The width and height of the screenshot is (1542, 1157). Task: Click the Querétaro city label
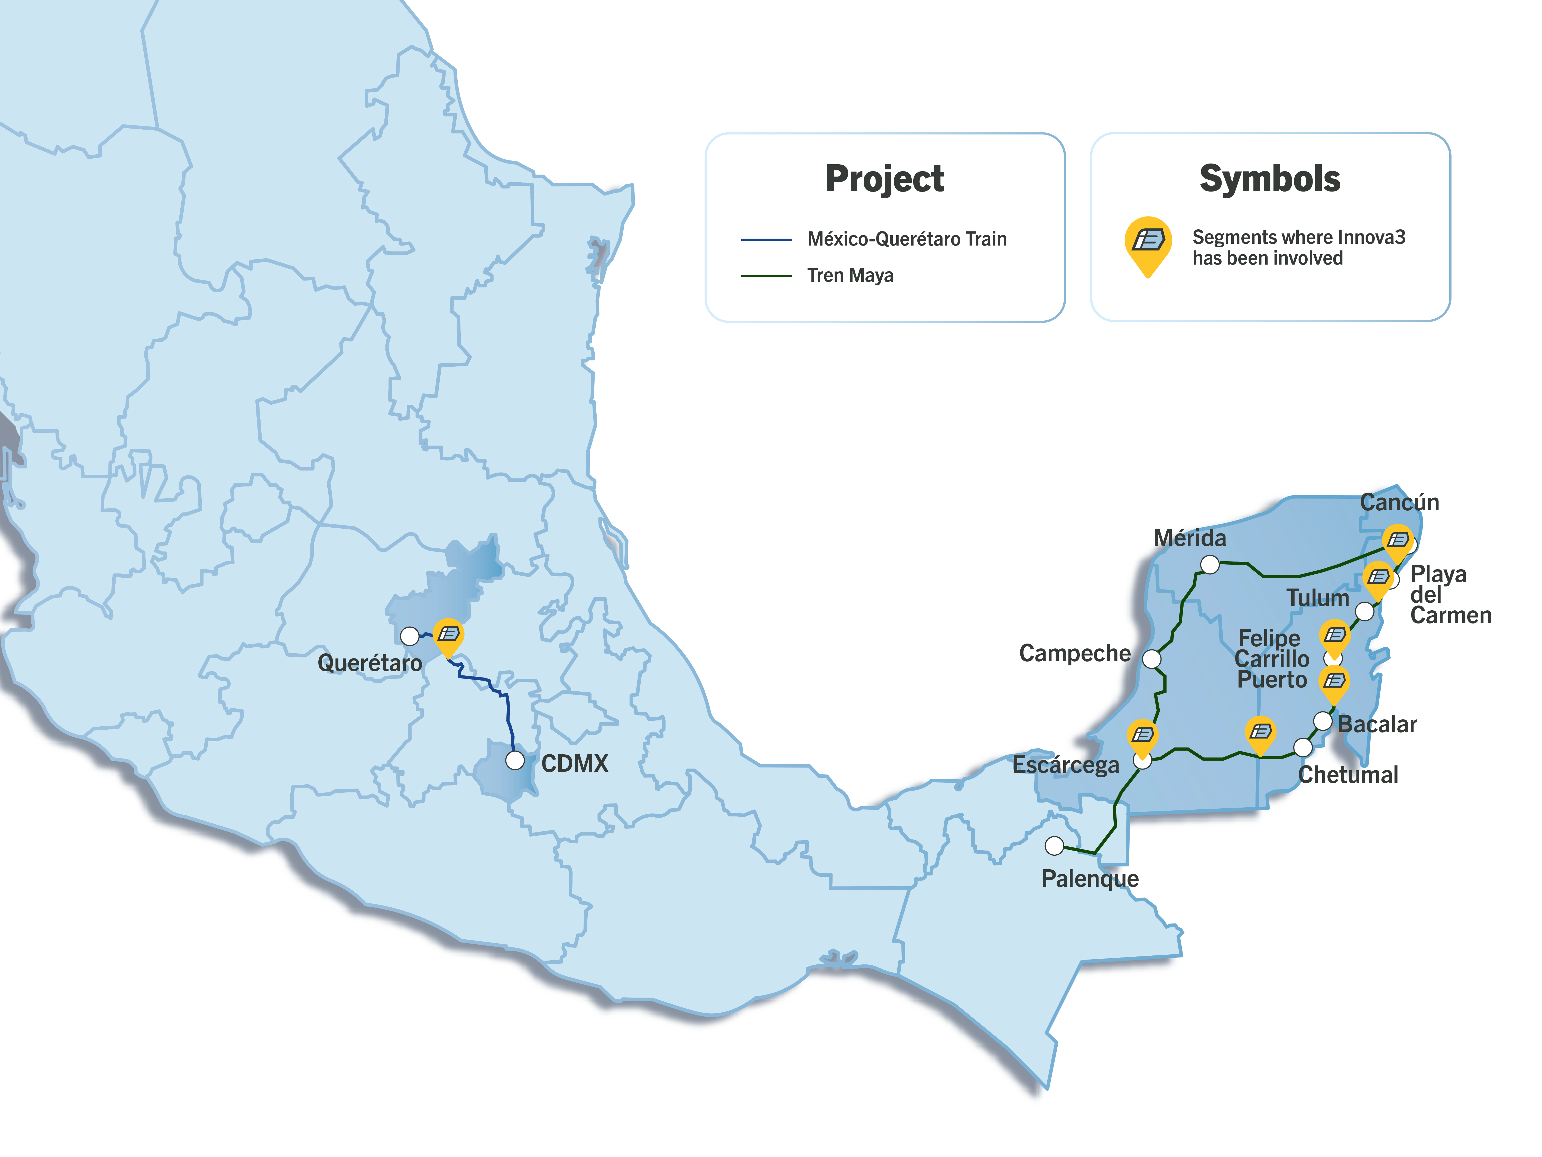(x=370, y=663)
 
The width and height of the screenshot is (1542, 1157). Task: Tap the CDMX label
(x=574, y=764)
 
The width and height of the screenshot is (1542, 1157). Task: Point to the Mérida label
(x=1189, y=538)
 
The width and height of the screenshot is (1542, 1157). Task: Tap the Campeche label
(x=1074, y=654)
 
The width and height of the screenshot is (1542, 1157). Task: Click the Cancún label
(x=1399, y=502)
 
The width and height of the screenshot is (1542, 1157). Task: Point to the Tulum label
(x=1317, y=598)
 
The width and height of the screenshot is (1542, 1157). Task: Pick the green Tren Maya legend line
(x=766, y=276)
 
